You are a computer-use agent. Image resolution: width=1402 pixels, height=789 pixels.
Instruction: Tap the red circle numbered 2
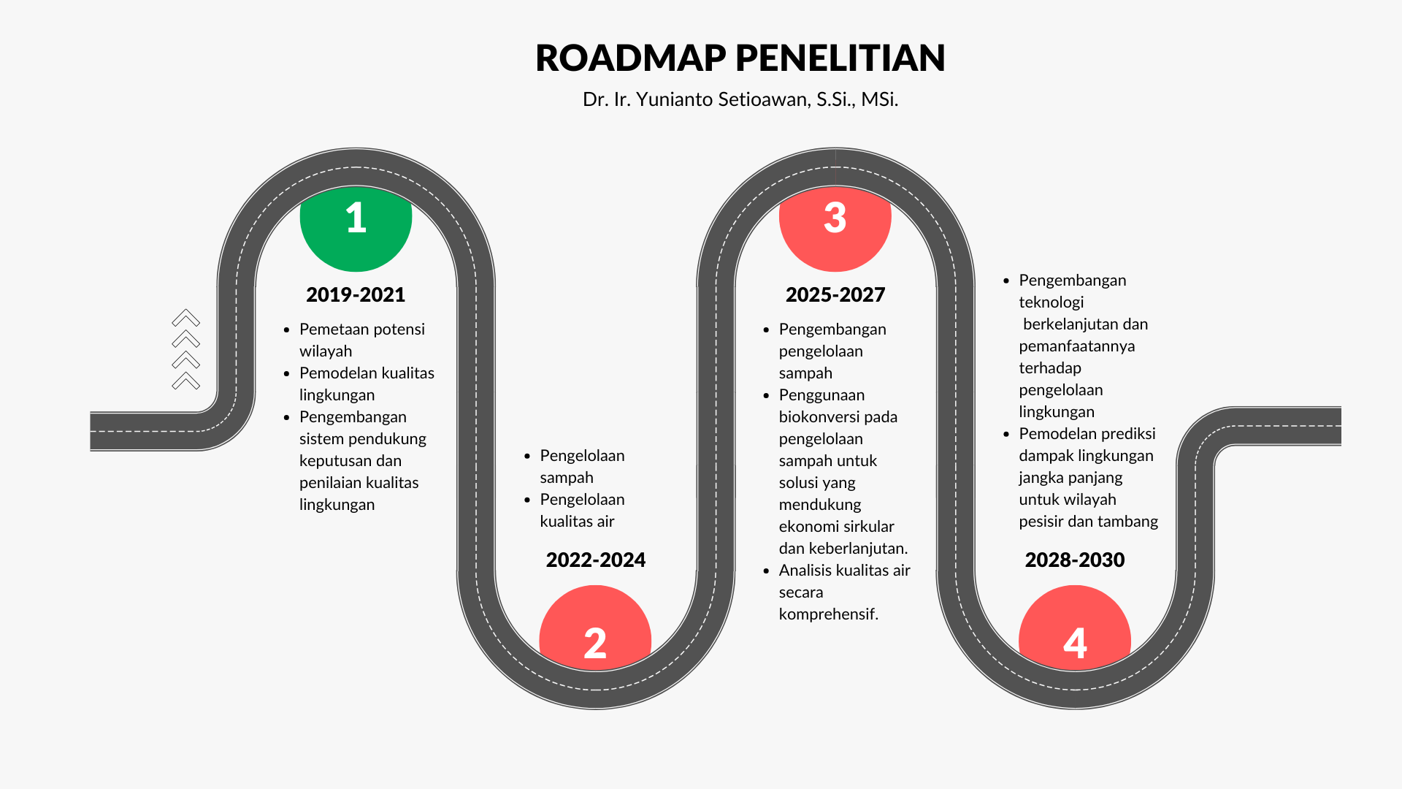(595, 628)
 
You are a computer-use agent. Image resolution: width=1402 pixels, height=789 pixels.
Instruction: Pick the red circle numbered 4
(1075, 628)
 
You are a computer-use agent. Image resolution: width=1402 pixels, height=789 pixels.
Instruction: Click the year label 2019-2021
(356, 294)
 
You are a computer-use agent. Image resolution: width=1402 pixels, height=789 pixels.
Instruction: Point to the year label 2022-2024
(596, 560)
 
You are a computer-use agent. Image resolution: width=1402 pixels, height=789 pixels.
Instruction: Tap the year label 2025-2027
(835, 294)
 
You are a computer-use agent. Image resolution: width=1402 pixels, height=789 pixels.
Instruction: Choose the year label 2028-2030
(1075, 560)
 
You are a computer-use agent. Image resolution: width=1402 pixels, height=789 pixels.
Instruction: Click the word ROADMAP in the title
(631, 58)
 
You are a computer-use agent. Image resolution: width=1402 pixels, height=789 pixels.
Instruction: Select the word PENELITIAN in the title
(840, 58)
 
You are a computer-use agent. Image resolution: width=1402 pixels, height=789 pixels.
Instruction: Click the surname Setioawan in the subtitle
(764, 99)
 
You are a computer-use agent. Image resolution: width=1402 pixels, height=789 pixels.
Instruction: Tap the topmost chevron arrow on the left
(186, 318)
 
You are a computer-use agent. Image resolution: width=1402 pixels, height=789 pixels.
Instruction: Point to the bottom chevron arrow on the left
(186, 381)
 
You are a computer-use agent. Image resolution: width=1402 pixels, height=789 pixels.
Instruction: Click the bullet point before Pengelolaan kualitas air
(527, 500)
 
